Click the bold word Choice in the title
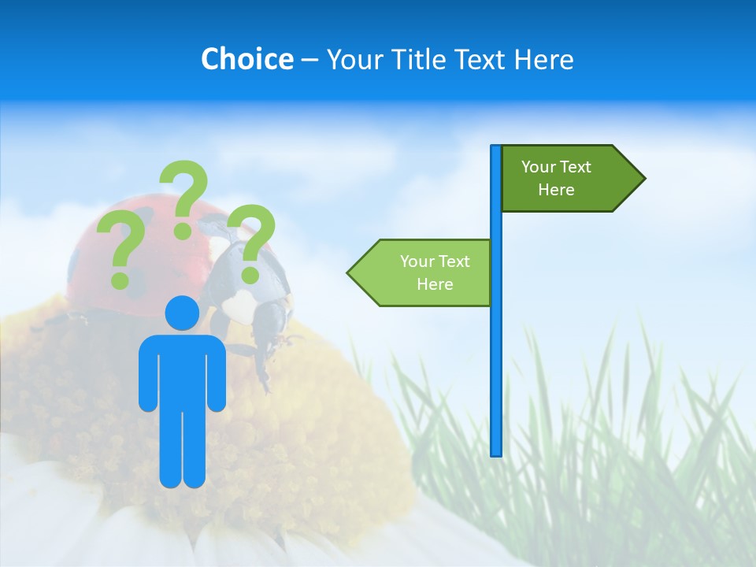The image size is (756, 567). click(246, 59)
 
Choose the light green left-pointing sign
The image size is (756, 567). click(425, 272)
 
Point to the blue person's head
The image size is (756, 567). click(182, 313)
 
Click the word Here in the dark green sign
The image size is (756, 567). click(556, 190)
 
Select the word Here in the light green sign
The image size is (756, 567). click(435, 284)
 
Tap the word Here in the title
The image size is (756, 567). click(544, 59)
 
